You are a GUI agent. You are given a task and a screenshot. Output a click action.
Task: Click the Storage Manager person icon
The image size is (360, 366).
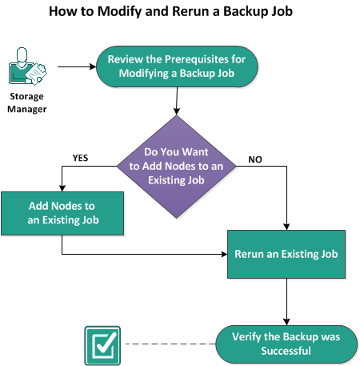(x=27, y=66)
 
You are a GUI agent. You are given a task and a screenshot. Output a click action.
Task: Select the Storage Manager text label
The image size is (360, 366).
(x=26, y=103)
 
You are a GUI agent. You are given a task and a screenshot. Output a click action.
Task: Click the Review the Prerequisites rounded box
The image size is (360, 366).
(x=177, y=66)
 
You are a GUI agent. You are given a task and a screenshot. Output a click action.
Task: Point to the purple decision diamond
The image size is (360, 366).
(x=177, y=167)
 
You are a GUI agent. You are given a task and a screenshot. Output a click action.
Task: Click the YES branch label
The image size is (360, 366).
(x=80, y=158)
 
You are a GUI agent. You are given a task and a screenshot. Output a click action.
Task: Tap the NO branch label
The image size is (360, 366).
(x=255, y=159)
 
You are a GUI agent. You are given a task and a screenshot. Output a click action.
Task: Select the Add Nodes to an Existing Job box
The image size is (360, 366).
(x=62, y=213)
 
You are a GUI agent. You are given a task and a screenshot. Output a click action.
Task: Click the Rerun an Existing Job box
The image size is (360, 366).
(x=286, y=254)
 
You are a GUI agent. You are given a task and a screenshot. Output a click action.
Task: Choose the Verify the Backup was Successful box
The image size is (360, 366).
(x=286, y=344)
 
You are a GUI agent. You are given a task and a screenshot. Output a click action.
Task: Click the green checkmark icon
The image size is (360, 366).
(x=102, y=345)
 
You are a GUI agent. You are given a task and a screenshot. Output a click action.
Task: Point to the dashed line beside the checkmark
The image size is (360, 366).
(x=170, y=344)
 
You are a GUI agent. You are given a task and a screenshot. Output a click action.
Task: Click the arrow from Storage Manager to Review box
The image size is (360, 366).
(x=77, y=66)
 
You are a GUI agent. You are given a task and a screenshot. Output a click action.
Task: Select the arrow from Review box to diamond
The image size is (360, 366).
(x=177, y=101)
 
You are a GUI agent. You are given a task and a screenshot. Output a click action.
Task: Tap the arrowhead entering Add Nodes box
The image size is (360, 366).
(x=62, y=188)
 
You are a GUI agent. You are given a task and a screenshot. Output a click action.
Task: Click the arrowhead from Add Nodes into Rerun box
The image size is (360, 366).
(x=224, y=254)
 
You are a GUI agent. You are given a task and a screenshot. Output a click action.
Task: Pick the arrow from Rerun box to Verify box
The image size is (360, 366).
(x=286, y=302)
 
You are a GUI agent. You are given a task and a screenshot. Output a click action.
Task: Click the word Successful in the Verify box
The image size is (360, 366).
(x=286, y=351)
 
